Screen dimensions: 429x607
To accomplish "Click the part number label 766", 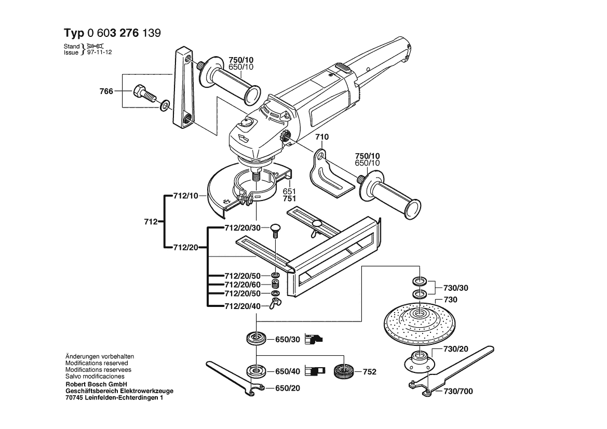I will point(106,91).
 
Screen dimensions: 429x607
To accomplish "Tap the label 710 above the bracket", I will point(322,137).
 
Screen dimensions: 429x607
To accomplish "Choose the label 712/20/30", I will point(242,228).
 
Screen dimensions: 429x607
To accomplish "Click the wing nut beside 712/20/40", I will point(275,304).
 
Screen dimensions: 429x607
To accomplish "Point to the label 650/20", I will point(288,388).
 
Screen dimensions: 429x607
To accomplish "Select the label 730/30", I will point(455,288).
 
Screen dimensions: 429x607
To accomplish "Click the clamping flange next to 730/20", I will point(419,359).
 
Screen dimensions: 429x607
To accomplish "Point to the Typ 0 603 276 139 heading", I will point(112,33).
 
